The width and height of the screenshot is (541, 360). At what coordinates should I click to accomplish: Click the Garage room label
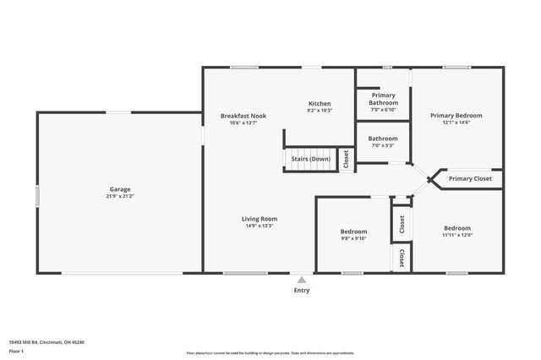(x=119, y=189)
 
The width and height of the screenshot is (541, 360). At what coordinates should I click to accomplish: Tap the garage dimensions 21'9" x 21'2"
(x=119, y=197)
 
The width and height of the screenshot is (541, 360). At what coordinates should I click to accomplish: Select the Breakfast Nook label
(x=243, y=116)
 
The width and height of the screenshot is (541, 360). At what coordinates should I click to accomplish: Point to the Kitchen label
(x=319, y=103)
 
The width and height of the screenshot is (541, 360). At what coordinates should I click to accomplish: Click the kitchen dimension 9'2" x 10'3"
(x=319, y=111)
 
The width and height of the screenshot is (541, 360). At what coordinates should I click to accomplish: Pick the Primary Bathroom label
(x=383, y=99)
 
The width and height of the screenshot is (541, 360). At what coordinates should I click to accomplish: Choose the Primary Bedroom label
(x=456, y=116)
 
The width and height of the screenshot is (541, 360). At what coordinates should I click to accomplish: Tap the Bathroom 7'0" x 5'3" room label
(x=383, y=138)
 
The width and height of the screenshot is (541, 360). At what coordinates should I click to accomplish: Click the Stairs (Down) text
(x=310, y=159)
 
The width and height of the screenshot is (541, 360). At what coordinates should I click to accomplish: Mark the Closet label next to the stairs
(x=346, y=159)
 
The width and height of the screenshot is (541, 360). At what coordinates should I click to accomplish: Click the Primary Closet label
(x=470, y=179)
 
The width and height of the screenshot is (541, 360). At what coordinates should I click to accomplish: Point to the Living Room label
(x=260, y=219)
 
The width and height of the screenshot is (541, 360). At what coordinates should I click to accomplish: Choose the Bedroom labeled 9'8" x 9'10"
(x=353, y=232)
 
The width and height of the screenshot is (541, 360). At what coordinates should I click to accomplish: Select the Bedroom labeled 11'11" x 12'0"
(x=457, y=228)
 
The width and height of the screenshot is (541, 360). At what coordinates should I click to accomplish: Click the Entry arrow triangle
(x=302, y=280)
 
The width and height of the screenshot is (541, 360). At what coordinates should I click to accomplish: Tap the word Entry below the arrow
(x=302, y=290)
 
